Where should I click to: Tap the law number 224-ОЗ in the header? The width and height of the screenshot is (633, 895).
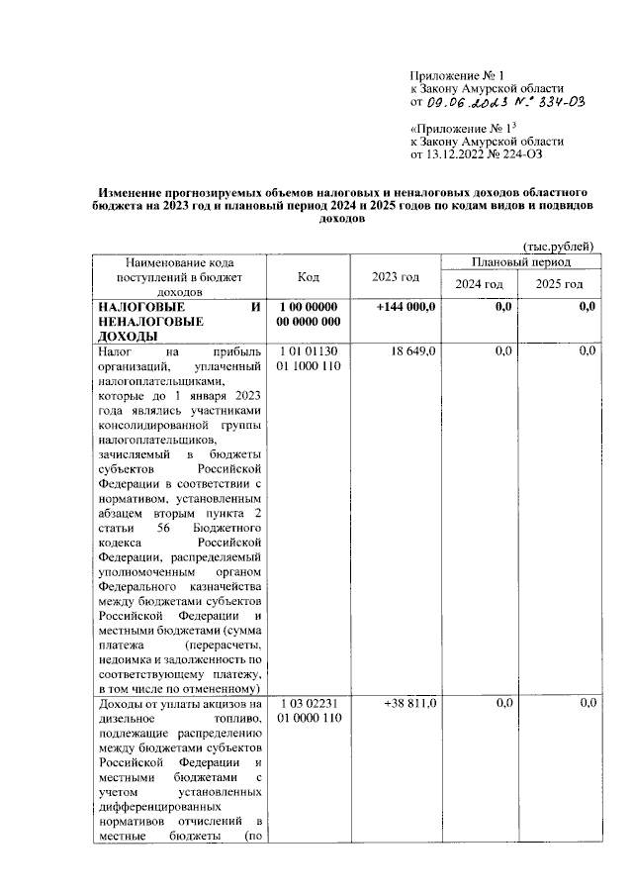tap(517, 154)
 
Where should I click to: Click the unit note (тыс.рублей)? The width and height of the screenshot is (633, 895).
tap(559, 245)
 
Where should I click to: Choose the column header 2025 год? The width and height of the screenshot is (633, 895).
tap(560, 285)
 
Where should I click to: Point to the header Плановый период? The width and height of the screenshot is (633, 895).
tap(520, 263)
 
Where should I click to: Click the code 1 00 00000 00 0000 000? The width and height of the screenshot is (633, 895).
tap(310, 315)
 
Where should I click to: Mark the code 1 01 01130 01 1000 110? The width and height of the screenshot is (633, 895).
tap(310, 358)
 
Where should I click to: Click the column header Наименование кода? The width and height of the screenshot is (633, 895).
tap(179, 263)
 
